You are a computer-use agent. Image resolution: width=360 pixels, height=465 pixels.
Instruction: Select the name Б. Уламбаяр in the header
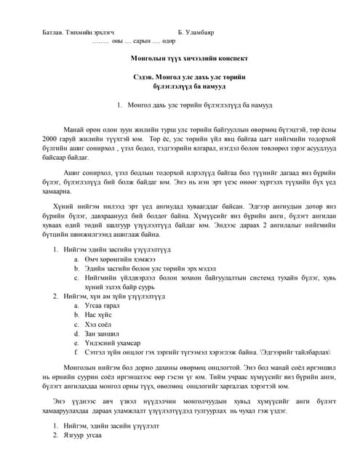tap(196, 33)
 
